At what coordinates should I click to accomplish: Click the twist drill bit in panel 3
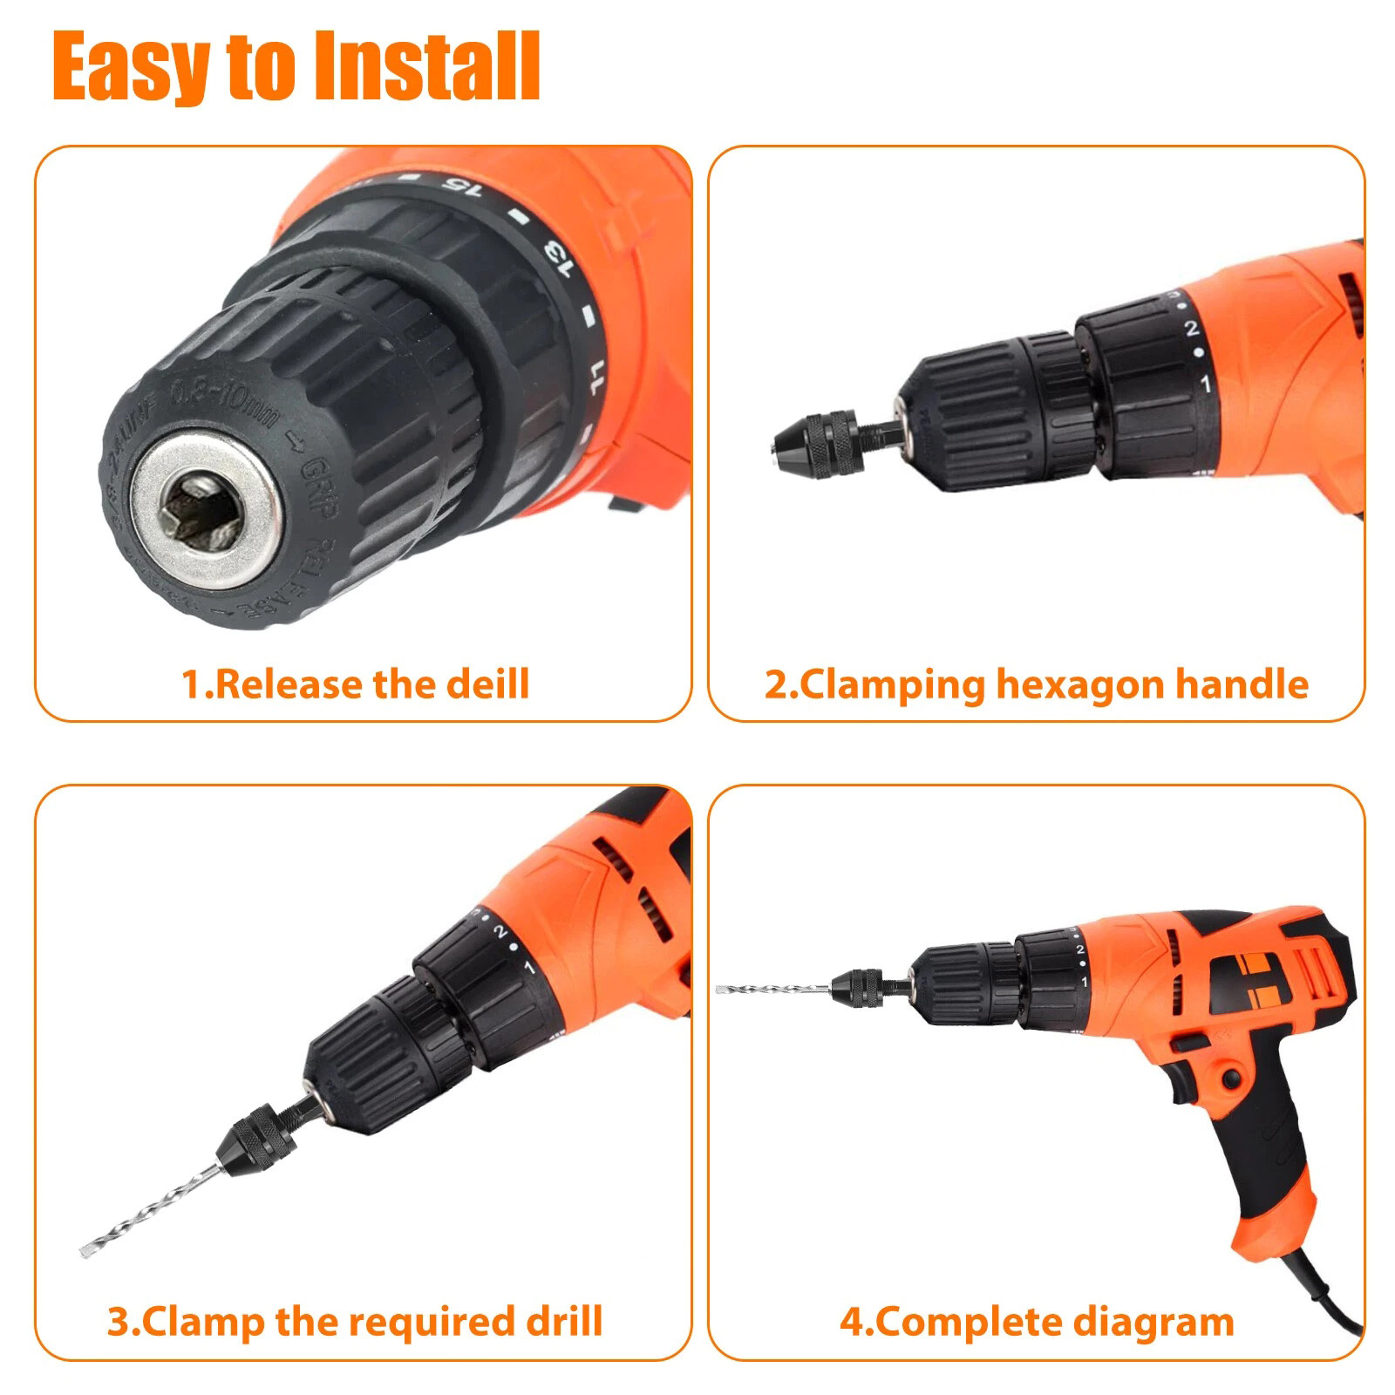[147, 1207]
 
